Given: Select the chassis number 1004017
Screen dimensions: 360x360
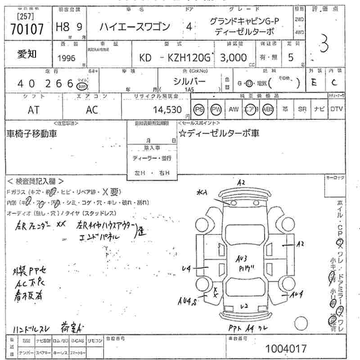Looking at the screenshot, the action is click(x=286, y=349).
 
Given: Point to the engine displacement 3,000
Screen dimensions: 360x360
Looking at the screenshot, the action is click(x=233, y=58).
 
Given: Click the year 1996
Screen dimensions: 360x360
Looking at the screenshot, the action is click(x=67, y=59).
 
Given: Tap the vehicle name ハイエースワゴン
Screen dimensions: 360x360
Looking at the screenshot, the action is click(x=135, y=27).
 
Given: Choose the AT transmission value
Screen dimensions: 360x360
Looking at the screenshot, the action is click(x=34, y=109).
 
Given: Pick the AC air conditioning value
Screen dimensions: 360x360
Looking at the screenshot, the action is click(x=91, y=109).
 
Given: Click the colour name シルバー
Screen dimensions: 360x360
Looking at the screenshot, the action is click(x=189, y=81).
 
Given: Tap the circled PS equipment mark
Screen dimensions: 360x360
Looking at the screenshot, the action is click(x=199, y=109).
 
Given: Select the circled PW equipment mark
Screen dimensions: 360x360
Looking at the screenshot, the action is click(x=216, y=109).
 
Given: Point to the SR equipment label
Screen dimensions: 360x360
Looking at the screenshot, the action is click(x=301, y=109).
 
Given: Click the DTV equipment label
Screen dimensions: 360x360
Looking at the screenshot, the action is click(x=337, y=109).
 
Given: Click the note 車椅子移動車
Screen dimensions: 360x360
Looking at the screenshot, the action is click(x=31, y=133).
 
